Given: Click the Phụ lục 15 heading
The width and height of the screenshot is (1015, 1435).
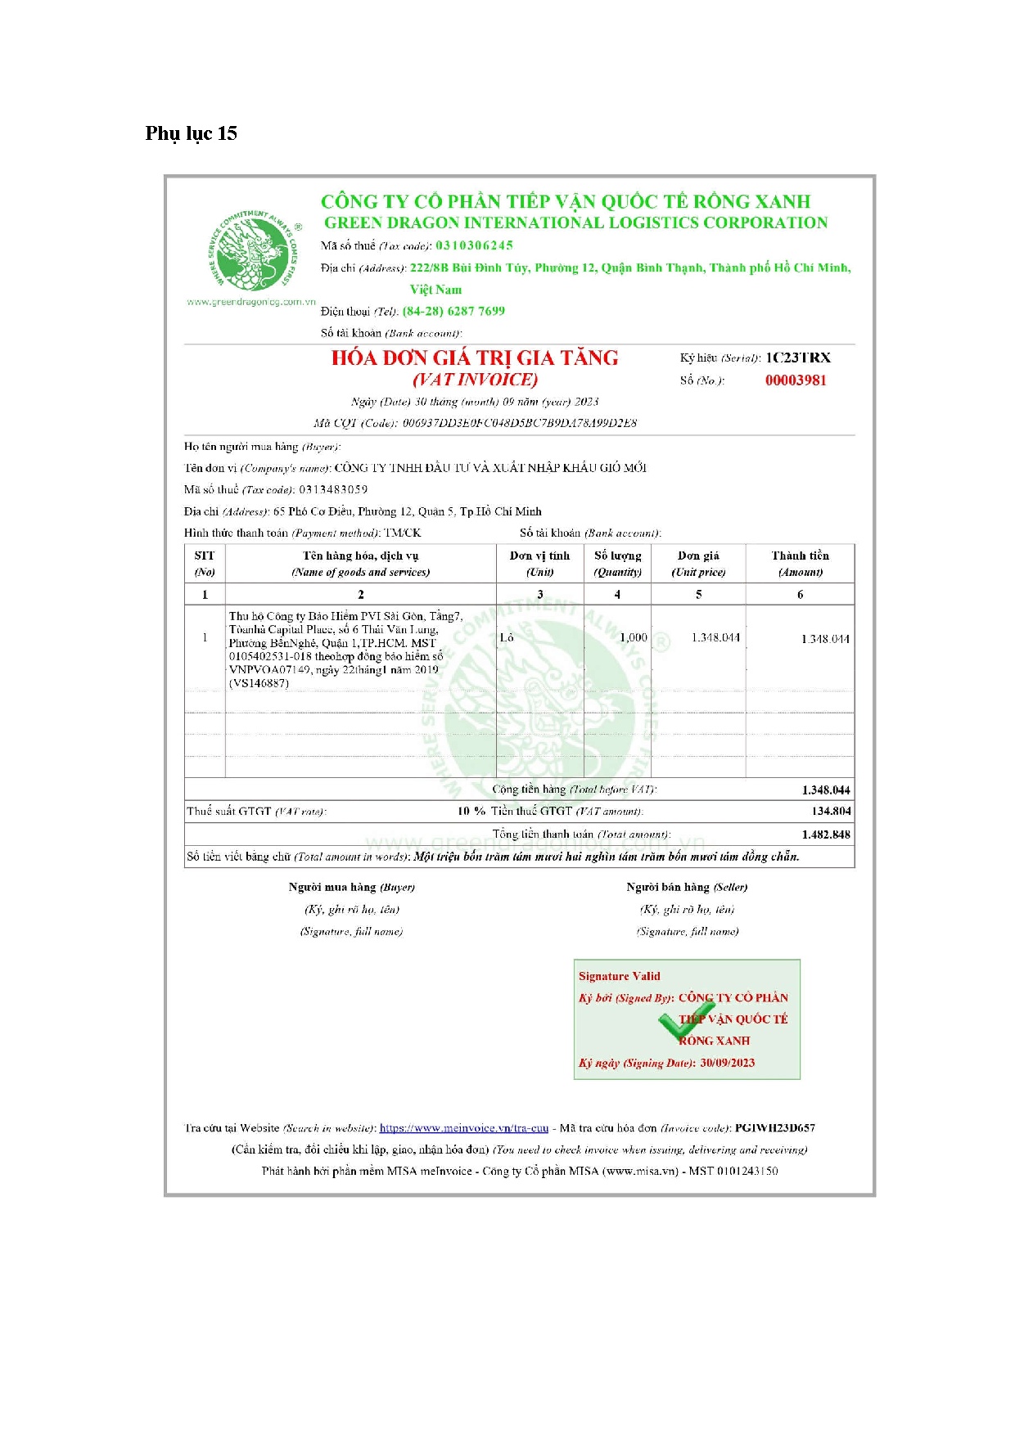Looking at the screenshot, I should coord(191,133).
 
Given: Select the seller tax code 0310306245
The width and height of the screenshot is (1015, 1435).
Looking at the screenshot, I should coord(474,245).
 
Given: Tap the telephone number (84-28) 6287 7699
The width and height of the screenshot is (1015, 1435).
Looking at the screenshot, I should coord(453,311).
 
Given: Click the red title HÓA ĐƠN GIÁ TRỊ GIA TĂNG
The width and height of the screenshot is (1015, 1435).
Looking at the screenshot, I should coord(475,358).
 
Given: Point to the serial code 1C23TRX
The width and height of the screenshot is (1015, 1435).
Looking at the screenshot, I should coord(797,358).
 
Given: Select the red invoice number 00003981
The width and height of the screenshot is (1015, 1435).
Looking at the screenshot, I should coord(796,380).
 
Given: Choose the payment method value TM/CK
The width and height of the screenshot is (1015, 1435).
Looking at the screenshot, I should coord(403,533).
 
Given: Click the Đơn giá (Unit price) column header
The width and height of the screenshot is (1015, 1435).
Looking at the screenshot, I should coord(698,564).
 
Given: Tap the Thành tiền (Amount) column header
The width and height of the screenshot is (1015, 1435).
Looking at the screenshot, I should coord(800,564).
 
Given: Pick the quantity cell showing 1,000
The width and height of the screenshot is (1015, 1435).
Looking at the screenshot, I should coord(633,637).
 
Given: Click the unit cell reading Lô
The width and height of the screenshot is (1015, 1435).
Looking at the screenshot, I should coord(507,637).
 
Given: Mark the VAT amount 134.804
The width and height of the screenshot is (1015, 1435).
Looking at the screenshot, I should coord(831,811).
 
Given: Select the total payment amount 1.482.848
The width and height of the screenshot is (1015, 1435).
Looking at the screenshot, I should coord(826,834).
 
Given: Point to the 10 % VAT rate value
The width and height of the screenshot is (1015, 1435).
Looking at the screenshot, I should coord(471,811).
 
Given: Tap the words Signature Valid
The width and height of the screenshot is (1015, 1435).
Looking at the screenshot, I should coord(619,976).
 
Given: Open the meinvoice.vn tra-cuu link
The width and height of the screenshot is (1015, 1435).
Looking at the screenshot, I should coord(463,1127).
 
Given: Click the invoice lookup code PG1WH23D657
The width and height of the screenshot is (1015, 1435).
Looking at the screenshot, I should coord(774,1127).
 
